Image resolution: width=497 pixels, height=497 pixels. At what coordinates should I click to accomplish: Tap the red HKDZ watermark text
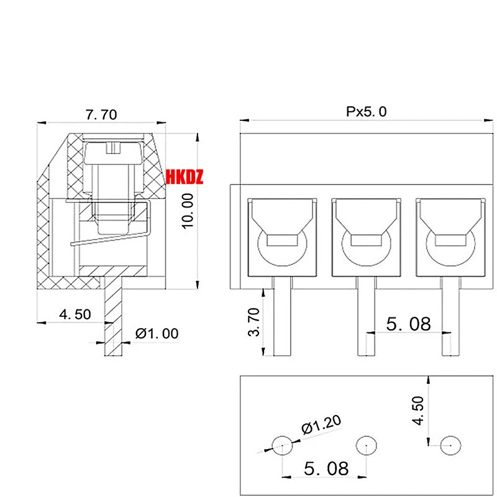(x=185, y=178)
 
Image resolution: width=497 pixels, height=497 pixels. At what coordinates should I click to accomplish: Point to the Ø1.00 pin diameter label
(x=157, y=334)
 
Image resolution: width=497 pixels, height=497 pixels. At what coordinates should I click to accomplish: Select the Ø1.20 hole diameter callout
(x=321, y=424)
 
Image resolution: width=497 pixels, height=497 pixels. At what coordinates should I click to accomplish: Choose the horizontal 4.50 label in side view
(x=75, y=314)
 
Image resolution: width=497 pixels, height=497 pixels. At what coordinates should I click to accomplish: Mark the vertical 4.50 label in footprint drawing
(x=419, y=410)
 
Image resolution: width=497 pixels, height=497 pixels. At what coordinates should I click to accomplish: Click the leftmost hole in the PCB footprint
(x=283, y=445)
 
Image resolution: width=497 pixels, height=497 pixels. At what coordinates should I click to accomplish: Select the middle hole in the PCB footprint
(x=365, y=445)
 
